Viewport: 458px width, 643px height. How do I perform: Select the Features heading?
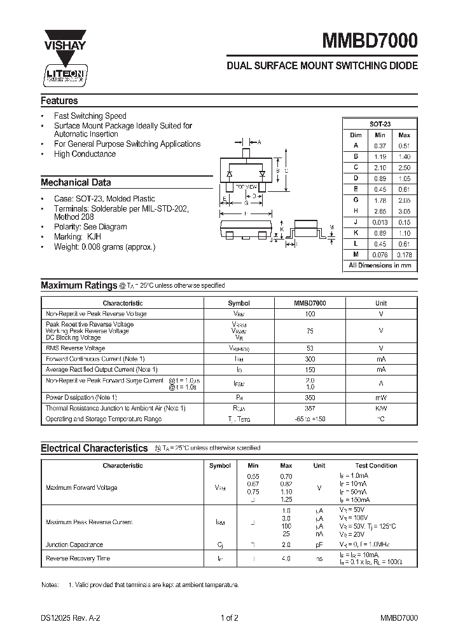point(59,101)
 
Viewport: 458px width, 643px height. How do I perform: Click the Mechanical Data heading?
point(76,182)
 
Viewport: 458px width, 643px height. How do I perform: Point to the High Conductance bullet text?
point(85,154)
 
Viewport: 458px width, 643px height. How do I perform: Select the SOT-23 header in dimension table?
point(380,125)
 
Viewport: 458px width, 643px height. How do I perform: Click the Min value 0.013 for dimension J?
point(380,223)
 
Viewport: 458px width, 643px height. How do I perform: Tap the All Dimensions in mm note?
point(380,265)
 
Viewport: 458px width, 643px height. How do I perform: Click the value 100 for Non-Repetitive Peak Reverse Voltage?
point(310,314)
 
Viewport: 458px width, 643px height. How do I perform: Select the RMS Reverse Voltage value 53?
point(310,348)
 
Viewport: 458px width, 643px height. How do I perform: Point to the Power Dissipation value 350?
point(310,397)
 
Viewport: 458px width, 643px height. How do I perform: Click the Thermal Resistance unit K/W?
point(380,408)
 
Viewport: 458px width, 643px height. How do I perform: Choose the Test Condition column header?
point(376,466)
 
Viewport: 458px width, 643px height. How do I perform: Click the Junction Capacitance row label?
point(74,545)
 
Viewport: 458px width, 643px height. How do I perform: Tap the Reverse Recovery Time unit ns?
point(319,558)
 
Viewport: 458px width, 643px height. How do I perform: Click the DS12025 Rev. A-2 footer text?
point(71,618)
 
